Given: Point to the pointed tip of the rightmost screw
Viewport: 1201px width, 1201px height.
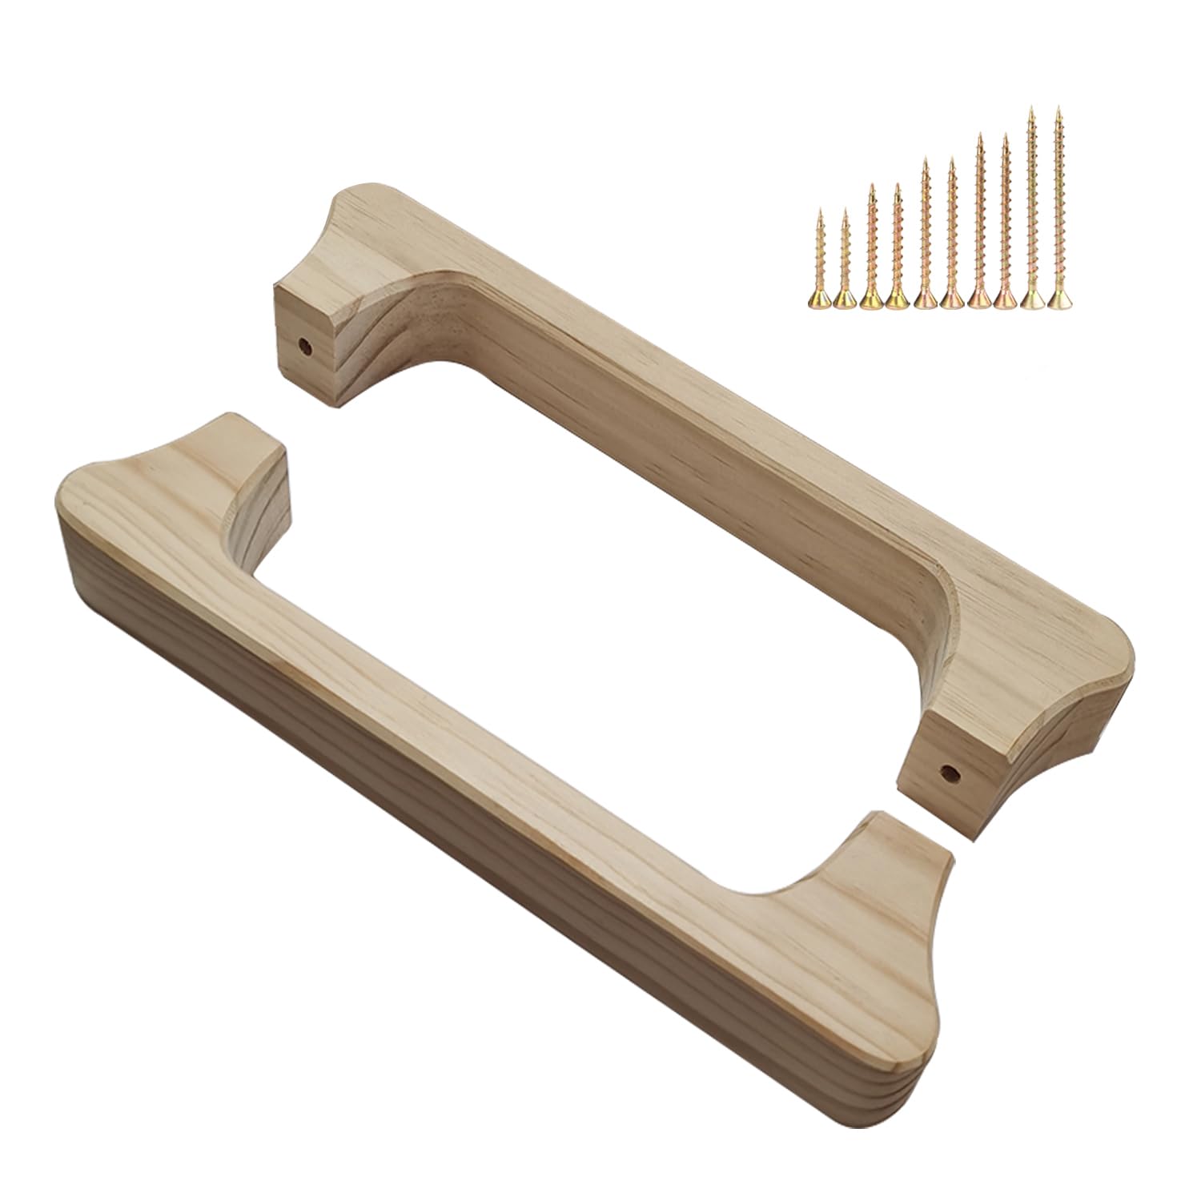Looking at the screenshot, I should pos(1058,107).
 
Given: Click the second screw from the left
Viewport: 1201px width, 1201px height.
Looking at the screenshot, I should pos(846,260).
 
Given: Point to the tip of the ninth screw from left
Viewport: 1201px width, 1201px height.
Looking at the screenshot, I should pos(1032,107).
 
